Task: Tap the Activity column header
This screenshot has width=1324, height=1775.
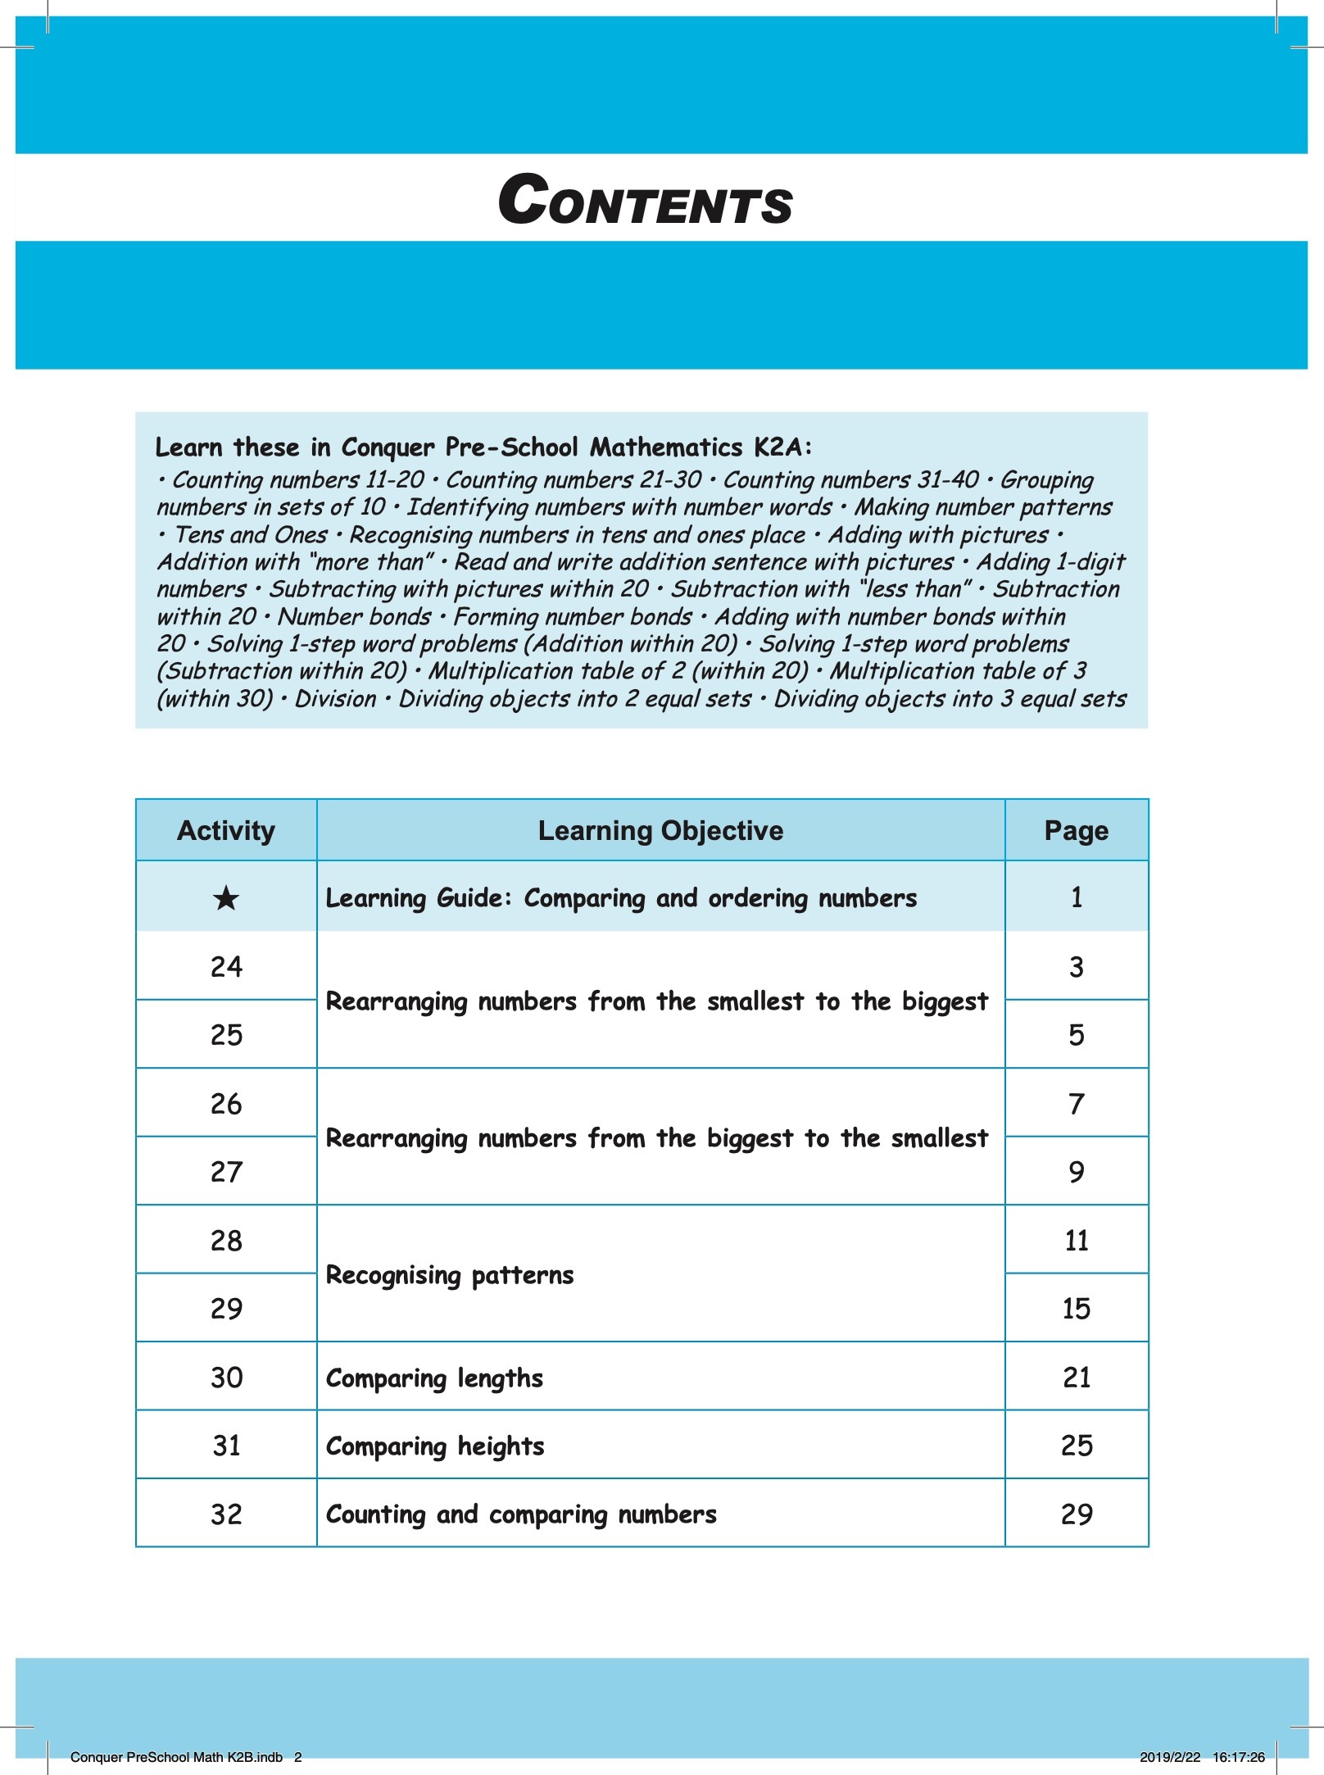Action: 226,830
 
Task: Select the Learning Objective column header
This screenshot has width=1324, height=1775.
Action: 660,830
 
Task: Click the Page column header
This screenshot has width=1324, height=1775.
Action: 1076,830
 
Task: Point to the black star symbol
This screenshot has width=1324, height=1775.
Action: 226,898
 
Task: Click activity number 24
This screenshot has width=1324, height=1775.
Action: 226,967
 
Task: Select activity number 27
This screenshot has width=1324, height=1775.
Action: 226,1172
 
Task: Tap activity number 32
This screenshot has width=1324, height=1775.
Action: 226,1514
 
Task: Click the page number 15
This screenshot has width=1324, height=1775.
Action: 1076,1309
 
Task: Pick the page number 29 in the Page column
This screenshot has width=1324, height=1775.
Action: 1076,1514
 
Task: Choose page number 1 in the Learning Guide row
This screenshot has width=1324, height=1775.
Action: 1076,897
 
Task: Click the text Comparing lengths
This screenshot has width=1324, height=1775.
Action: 434,1378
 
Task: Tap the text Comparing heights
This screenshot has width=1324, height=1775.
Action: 435,1446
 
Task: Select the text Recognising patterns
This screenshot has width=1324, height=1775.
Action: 450,1275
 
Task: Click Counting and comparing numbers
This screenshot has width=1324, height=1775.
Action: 521,1514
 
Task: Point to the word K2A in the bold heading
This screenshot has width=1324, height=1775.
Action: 782,447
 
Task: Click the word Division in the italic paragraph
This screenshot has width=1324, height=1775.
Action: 335,699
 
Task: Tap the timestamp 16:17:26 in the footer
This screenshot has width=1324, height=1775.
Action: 1238,1757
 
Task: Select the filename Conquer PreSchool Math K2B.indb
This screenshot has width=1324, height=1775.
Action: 176,1757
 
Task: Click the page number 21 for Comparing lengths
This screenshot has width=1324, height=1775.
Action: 1076,1378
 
